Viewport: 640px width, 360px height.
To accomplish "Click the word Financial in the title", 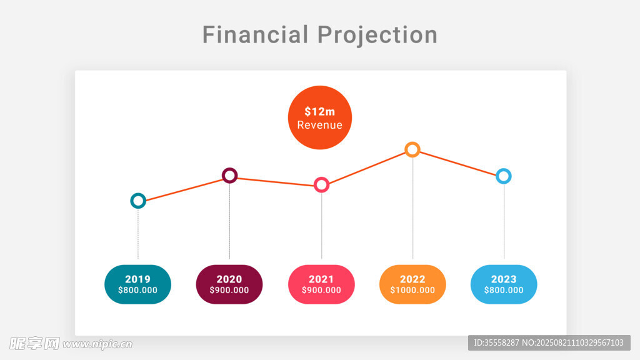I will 255,34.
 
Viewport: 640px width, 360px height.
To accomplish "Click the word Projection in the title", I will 377,35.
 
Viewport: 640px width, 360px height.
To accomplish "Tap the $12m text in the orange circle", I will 320,112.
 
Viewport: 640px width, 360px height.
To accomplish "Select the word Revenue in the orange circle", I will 320,125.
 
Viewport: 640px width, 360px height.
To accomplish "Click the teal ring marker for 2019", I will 138,201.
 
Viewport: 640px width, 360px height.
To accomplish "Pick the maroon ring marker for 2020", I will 230,175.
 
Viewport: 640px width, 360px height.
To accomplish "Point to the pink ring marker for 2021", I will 321,184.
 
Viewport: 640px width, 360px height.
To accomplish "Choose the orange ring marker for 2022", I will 412,149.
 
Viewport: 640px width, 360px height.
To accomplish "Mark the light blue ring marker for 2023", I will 503,176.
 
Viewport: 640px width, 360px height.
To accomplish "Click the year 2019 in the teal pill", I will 137,279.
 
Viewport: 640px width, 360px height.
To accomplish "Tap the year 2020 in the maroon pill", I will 229,279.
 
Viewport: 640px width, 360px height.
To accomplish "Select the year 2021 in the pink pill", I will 321,279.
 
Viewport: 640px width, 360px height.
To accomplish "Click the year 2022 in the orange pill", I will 412,279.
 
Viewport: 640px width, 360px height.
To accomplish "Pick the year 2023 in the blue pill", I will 504,279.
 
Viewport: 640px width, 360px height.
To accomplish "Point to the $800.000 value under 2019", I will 137,291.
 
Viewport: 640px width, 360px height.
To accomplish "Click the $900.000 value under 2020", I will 229,291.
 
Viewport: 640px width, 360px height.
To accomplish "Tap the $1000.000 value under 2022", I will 412,291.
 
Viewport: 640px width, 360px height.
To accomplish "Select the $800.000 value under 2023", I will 504,291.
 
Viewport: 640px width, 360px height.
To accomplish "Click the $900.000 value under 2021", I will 321,291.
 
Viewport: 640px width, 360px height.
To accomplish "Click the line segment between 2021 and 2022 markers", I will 367,167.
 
